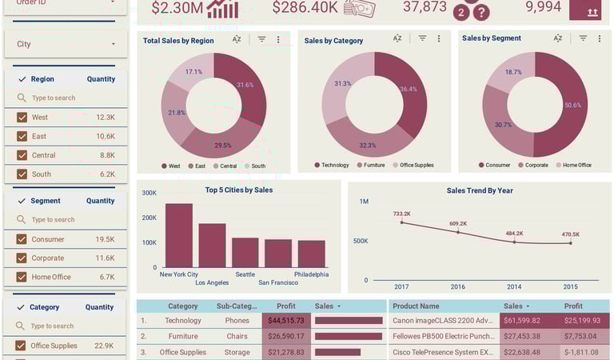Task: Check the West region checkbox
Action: click(x=22, y=118)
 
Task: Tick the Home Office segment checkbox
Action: click(x=22, y=277)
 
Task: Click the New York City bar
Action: click(x=178, y=235)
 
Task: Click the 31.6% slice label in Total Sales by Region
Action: click(x=245, y=85)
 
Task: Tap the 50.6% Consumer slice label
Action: click(x=572, y=105)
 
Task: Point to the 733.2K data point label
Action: click(x=401, y=214)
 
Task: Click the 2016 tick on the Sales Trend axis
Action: click(x=457, y=286)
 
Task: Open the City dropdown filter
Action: click(x=65, y=44)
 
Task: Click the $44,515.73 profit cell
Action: click(x=285, y=321)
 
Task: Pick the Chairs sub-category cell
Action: click(x=237, y=337)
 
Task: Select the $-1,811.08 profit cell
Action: click(x=584, y=352)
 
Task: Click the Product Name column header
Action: click(x=417, y=306)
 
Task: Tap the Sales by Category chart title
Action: click(x=333, y=41)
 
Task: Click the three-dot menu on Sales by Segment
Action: click(x=600, y=38)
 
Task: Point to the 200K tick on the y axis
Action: click(x=149, y=218)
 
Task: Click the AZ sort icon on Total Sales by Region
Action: click(x=237, y=39)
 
